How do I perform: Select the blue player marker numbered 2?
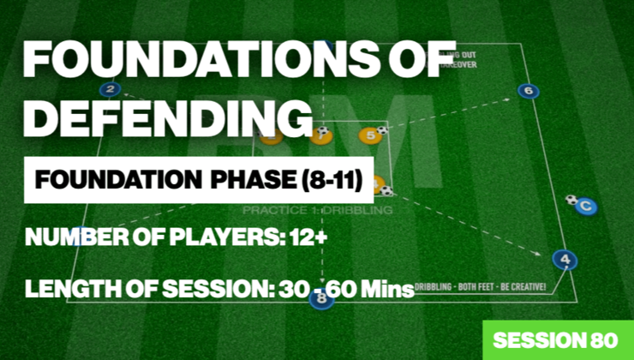110,89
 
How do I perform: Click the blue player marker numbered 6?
529,91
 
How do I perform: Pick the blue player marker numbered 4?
563,258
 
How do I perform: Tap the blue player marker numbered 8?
321,299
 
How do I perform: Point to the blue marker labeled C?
585,206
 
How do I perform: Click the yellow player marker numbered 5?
369,135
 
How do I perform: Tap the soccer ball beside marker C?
571,200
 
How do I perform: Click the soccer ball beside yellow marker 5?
382,130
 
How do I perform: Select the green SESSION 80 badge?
558,339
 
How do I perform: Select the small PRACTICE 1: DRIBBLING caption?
317,209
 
